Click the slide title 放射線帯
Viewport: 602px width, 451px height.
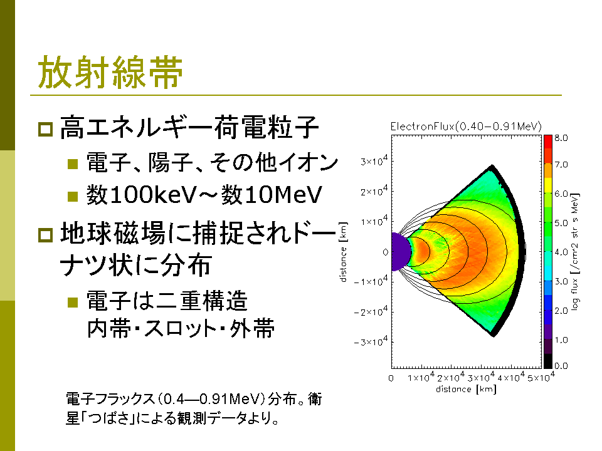110,72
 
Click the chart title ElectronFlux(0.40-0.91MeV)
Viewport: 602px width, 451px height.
466,127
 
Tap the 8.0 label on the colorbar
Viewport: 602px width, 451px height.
561,138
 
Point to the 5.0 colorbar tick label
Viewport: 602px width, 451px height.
561,223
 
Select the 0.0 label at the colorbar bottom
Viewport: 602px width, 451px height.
561,366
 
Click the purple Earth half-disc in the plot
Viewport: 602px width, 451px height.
400,252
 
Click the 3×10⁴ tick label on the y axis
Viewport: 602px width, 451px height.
374,160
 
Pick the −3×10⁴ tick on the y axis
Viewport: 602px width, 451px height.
371,341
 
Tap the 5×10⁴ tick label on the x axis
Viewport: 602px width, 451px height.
541,377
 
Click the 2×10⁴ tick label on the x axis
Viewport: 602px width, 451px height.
451,377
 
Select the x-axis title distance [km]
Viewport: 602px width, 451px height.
466,389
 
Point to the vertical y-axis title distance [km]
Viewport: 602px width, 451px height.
343,252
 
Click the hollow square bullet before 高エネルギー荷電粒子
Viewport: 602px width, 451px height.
45,129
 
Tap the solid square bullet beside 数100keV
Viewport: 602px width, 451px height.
73,196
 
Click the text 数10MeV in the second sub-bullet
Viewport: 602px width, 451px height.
271,194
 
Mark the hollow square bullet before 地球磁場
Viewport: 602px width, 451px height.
45,235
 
